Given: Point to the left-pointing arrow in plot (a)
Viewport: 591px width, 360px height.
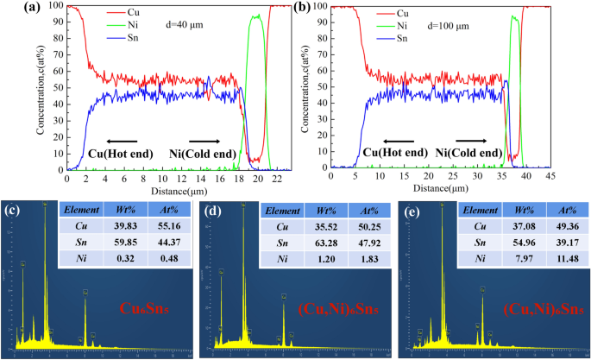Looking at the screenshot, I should tap(120, 140).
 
